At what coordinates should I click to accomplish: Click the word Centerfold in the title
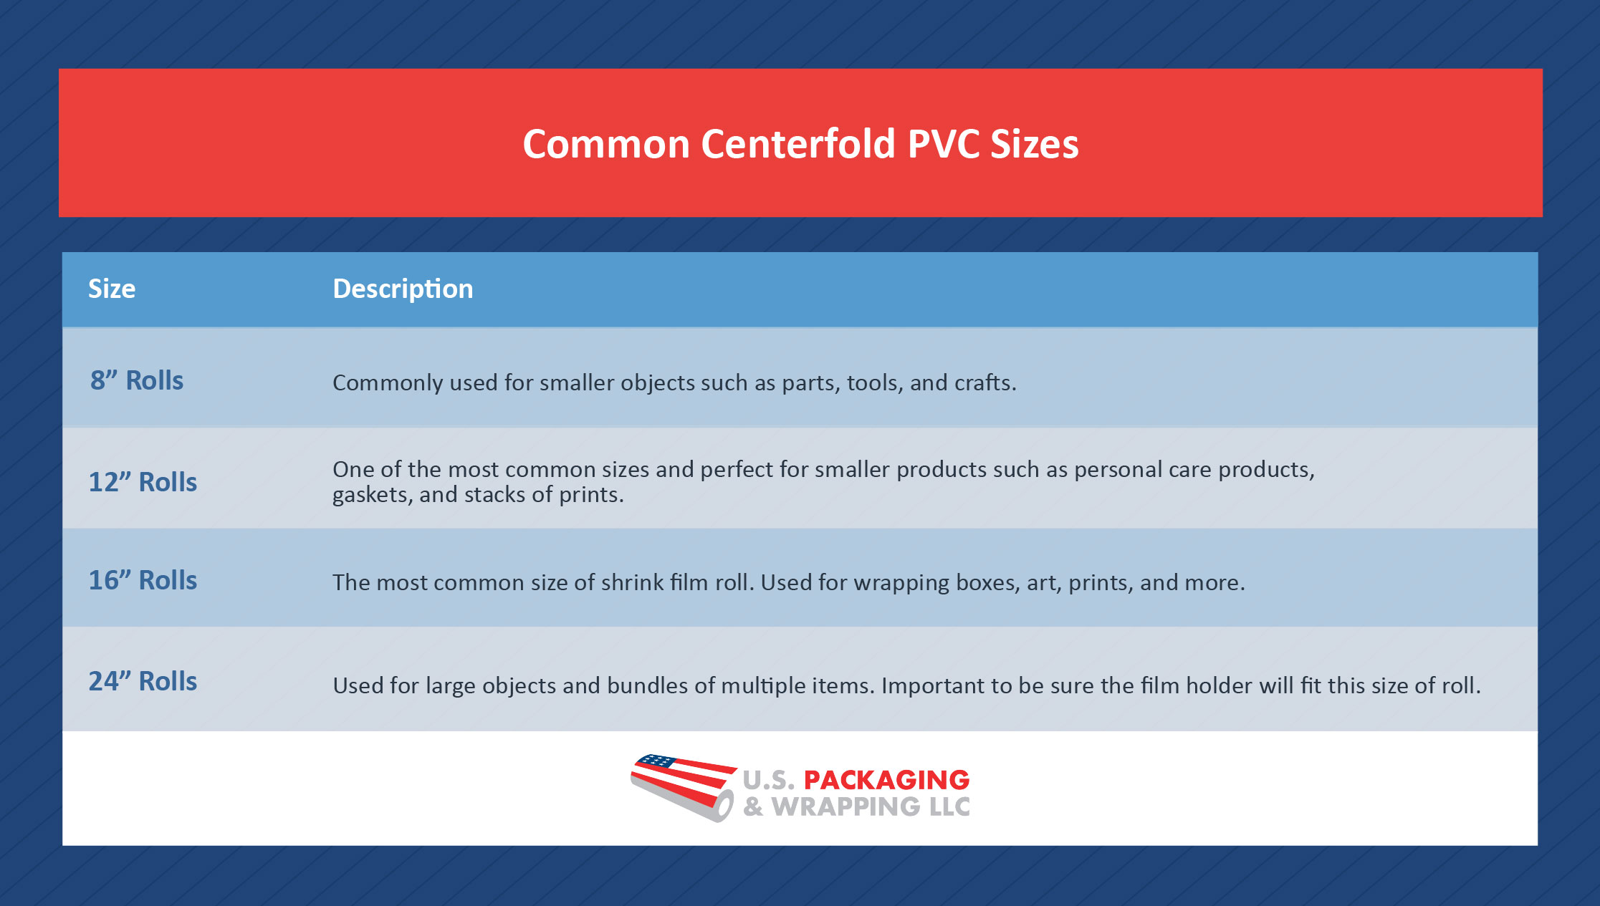coord(797,144)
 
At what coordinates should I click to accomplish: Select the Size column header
coord(112,289)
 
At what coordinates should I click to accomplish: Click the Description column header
coord(403,289)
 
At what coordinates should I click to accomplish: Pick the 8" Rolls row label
coord(137,380)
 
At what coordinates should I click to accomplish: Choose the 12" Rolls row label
coord(143,482)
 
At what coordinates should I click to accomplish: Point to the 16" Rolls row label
coord(143,580)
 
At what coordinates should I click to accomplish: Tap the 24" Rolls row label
coord(143,681)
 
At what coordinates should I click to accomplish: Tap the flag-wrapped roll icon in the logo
coord(683,787)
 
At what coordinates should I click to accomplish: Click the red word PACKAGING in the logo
coord(886,779)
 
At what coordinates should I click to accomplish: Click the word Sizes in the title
coord(1034,144)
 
